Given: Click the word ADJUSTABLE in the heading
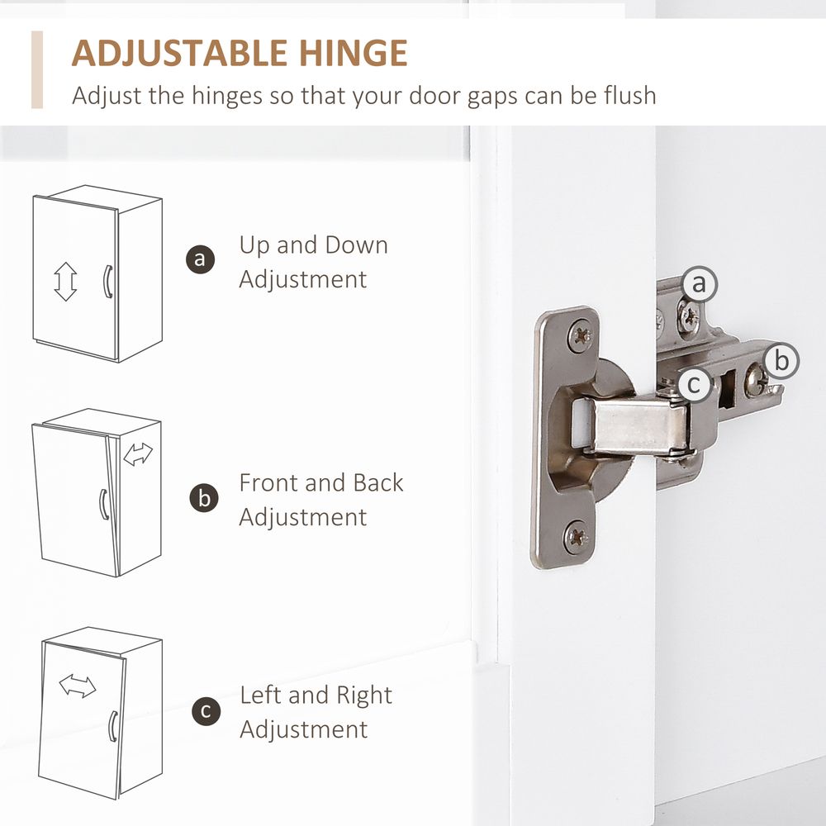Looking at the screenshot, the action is point(179,53).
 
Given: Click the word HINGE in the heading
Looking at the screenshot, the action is point(354,53).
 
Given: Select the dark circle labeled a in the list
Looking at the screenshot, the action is point(200,259).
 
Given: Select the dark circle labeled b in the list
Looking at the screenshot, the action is point(204,498).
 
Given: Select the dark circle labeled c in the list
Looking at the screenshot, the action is point(206,711).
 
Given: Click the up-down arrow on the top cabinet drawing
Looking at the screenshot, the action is point(65,282).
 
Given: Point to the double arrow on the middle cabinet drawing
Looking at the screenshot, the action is point(138,454).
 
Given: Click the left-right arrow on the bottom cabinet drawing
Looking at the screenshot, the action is point(78,686).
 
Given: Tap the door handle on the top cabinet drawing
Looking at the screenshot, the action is point(107,282).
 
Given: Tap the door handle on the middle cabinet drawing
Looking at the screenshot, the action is point(104,504).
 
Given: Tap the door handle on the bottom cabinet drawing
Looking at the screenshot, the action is point(112,726).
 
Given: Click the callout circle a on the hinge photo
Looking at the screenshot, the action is point(699,284).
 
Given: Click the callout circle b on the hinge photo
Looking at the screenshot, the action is point(781,361).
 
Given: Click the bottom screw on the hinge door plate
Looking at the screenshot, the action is point(577,537).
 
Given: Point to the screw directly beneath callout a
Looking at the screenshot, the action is point(689,318).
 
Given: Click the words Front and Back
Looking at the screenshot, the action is point(321,482).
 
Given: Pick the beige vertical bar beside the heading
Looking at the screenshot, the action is point(37,69).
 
